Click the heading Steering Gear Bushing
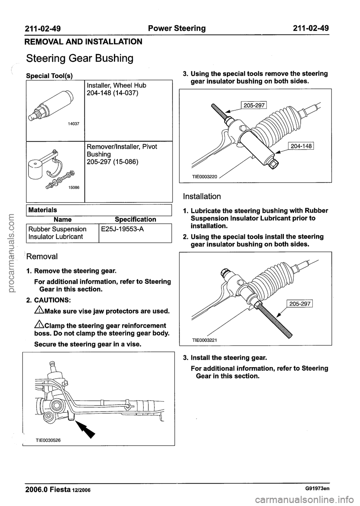79,59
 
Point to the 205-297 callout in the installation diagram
298,304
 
